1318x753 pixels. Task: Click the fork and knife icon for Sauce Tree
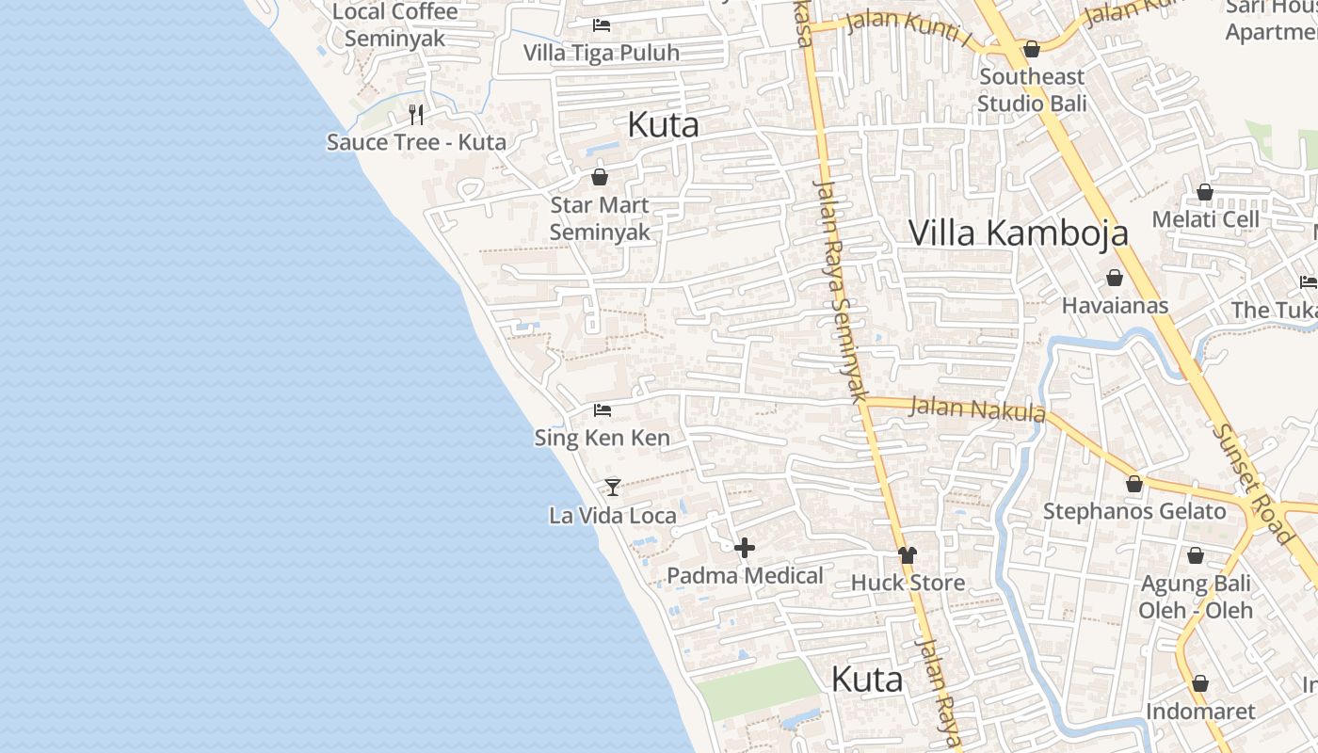(416, 115)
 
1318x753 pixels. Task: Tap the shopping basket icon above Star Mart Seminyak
(600, 176)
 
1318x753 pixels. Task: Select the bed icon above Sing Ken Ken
(603, 409)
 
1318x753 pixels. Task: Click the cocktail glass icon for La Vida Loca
(613, 487)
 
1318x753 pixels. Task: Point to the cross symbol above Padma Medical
(745, 547)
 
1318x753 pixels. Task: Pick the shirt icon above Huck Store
(908, 554)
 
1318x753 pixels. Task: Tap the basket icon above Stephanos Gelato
(1134, 484)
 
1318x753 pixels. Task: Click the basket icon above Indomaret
(1199, 683)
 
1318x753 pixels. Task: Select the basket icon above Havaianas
(1115, 278)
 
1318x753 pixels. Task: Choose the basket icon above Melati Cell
(1205, 192)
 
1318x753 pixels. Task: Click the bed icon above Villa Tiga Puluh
(602, 25)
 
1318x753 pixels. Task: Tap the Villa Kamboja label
(1018, 232)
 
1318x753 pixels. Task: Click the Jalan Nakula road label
(978, 409)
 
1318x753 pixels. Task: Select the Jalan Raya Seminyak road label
(841, 292)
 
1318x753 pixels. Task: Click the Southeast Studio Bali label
(1032, 89)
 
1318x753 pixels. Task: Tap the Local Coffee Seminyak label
(395, 25)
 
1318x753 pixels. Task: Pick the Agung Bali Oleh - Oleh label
(1196, 597)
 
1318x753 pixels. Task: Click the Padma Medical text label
(745, 575)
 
